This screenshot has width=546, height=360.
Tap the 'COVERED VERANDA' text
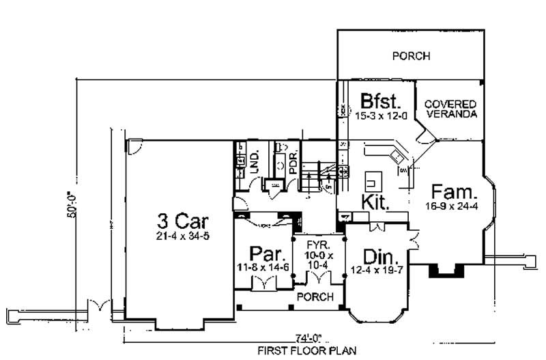pos(450,109)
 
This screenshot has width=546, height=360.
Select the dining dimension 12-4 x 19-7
pos(377,270)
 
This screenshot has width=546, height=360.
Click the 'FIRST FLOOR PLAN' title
pos(307,352)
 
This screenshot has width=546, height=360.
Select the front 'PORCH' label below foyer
pos(315,296)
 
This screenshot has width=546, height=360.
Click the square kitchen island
pos(373,180)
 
